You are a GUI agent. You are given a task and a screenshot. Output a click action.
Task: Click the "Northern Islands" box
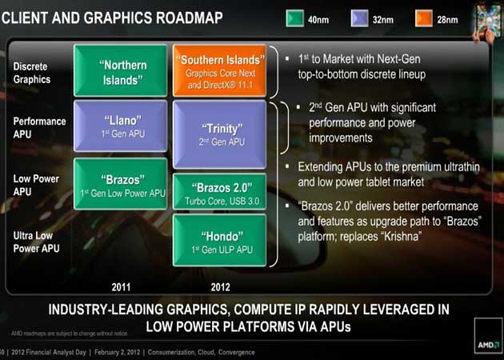tap(120, 70)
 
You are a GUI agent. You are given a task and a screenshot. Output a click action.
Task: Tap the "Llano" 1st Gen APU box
tap(120, 126)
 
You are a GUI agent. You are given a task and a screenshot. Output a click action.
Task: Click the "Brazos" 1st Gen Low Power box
tap(120, 183)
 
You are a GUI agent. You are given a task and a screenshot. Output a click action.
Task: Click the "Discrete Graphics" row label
tap(32, 73)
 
